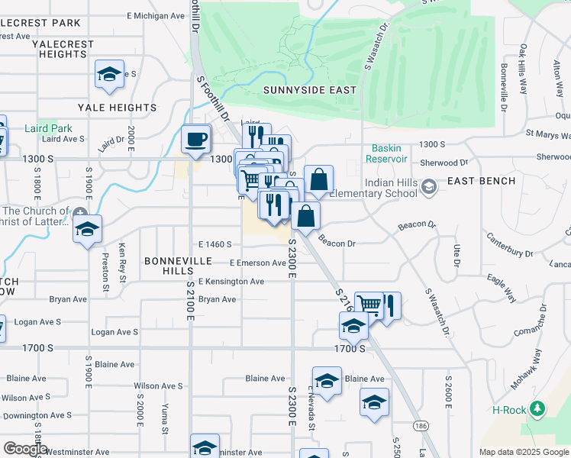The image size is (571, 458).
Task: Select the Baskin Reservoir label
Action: pos(392,153)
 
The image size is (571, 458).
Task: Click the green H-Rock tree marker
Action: pos(539,409)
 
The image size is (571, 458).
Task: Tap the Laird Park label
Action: pos(49,128)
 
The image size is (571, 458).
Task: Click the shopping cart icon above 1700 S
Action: pos(369,305)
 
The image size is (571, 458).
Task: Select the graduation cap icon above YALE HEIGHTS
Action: pos(109,75)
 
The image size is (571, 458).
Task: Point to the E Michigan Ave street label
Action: pos(156,15)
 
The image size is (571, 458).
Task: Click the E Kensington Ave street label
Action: pos(231,282)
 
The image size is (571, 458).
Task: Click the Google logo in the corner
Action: pos(26,449)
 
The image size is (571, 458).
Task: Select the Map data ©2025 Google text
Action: pos(523,452)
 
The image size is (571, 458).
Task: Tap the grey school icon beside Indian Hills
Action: pos(429,187)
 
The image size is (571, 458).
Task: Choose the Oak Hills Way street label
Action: pos(524,68)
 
